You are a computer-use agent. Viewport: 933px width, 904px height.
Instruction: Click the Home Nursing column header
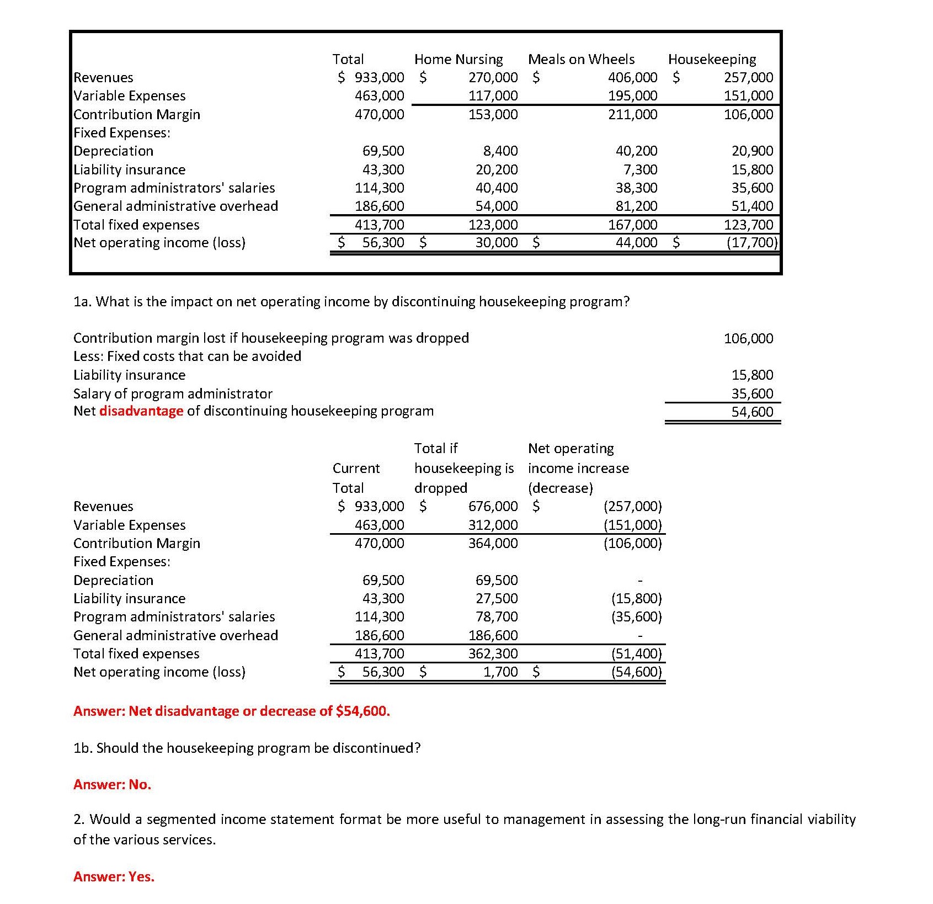tap(458, 59)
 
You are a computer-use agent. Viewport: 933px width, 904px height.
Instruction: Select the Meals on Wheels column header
tap(581, 59)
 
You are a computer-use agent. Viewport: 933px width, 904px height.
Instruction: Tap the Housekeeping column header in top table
tap(712, 59)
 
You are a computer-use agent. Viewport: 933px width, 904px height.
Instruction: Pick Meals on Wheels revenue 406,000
tap(632, 77)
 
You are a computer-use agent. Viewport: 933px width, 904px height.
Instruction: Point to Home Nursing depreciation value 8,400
tap(500, 151)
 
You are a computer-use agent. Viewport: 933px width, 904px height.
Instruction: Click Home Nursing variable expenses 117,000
tap(493, 95)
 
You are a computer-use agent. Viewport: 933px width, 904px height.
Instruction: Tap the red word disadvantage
tap(141, 411)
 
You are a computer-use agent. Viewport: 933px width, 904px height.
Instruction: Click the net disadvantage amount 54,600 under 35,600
tap(752, 412)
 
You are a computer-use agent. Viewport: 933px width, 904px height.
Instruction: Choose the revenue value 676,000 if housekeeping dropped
tap(493, 506)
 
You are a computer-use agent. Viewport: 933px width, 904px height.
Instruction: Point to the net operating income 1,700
tap(500, 672)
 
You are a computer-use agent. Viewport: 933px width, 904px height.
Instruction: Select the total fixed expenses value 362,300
tap(493, 653)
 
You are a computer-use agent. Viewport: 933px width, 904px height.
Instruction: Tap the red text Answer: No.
tap(112, 784)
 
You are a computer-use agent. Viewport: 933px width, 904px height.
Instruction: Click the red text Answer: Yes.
tap(114, 876)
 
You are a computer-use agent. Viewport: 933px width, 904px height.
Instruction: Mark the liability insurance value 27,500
tap(497, 598)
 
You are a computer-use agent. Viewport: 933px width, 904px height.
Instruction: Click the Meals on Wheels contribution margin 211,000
tap(632, 114)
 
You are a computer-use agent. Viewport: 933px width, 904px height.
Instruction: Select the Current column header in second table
tap(356, 469)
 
